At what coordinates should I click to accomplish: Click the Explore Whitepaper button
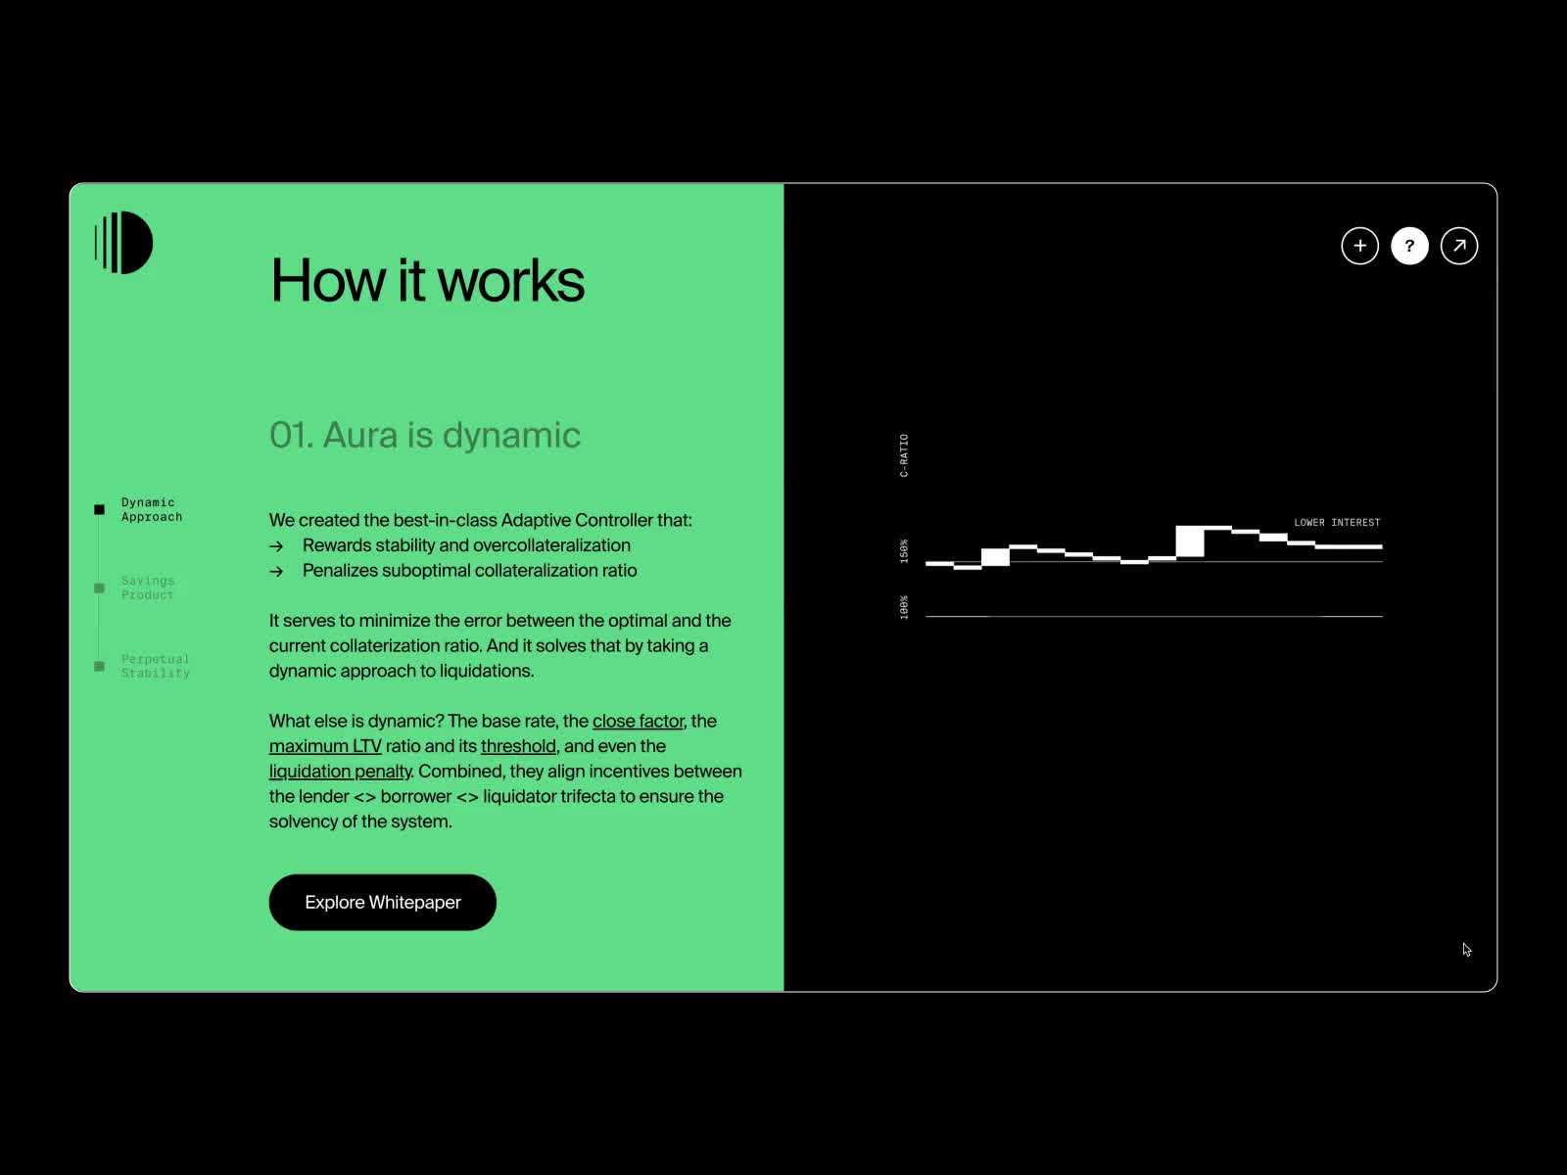pyautogui.click(x=382, y=902)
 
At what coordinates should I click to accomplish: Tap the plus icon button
pyautogui.click(x=1359, y=246)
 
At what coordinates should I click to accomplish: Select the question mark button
pyautogui.click(x=1409, y=246)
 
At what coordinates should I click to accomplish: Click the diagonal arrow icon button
pyautogui.click(x=1458, y=246)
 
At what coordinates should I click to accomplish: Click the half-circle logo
pyautogui.click(x=123, y=243)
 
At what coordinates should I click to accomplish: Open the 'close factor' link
pyautogui.click(x=639, y=721)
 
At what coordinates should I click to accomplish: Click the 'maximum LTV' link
pyautogui.click(x=325, y=745)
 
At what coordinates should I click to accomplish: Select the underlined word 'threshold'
pyautogui.click(x=518, y=745)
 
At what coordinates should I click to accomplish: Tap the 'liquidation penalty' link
pyautogui.click(x=341, y=772)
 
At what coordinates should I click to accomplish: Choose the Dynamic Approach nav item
pyautogui.click(x=152, y=509)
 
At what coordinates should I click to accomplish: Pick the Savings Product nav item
pyautogui.click(x=147, y=587)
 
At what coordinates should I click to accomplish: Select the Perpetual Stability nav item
pyautogui.click(x=155, y=666)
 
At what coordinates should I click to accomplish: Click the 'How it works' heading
pyautogui.click(x=427, y=280)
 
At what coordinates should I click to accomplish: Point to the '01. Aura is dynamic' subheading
pyautogui.click(x=425, y=435)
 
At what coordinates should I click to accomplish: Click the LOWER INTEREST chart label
pyautogui.click(x=1337, y=522)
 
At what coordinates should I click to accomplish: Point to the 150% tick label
pyautogui.click(x=904, y=550)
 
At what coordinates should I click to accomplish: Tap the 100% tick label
pyautogui.click(x=904, y=607)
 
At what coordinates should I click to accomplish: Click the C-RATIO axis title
pyautogui.click(x=904, y=455)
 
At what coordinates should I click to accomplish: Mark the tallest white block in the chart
pyautogui.click(x=1189, y=540)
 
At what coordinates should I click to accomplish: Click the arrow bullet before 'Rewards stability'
pyautogui.click(x=276, y=546)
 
